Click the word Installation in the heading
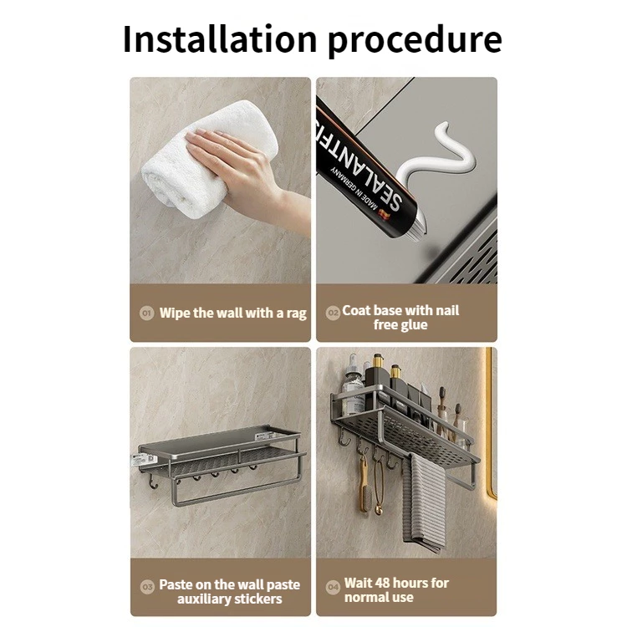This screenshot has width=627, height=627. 219,39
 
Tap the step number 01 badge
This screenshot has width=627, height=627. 146,313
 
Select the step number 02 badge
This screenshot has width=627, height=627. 331,311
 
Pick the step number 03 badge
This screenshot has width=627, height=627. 146,585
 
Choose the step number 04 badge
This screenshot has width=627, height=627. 332,587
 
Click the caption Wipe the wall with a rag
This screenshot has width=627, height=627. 232,313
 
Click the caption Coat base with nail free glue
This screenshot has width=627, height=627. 400,318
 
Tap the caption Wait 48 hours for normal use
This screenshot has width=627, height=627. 396,589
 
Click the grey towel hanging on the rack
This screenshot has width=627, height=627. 425,506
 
